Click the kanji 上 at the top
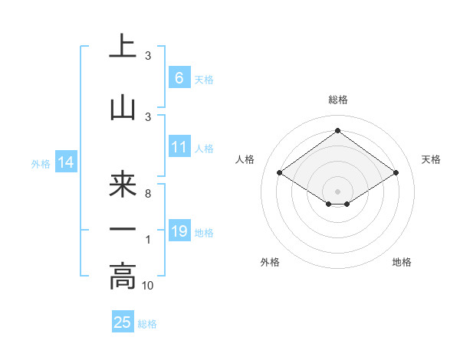pyautogui.click(x=123, y=47)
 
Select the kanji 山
pyautogui.click(x=123, y=108)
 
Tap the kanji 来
pyautogui.click(x=123, y=185)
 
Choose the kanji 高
pyautogui.click(x=123, y=277)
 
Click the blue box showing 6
pyautogui.click(x=179, y=77)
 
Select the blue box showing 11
pyautogui.click(x=179, y=147)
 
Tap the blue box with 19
pyautogui.click(x=179, y=231)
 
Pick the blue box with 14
pyautogui.click(x=65, y=162)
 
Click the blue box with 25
pyautogui.click(x=123, y=322)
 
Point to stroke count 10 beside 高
pyautogui.click(x=149, y=286)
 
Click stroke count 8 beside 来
pyautogui.click(x=148, y=194)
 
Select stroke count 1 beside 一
pyautogui.click(x=148, y=240)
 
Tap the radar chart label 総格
pyautogui.click(x=337, y=100)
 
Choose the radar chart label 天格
pyautogui.click(x=431, y=159)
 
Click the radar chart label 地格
pyautogui.click(x=402, y=262)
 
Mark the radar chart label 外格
pyautogui.click(x=270, y=262)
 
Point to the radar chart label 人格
pyautogui.click(x=245, y=159)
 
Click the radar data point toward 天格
pyautogui.click(x=396, y=173)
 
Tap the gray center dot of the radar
pyautogui.click(x=337, y=191)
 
